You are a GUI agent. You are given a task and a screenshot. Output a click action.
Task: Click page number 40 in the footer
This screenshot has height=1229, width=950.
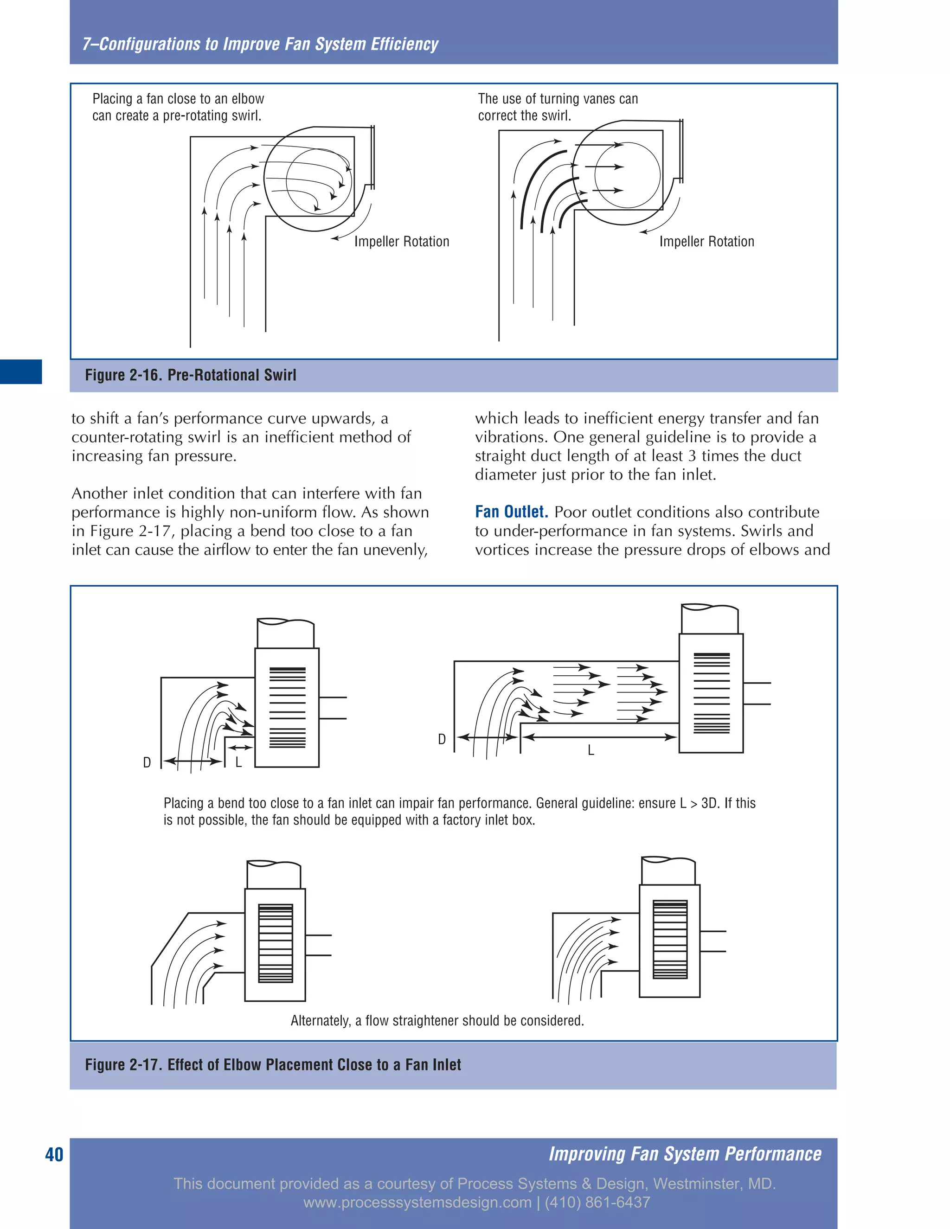[x=54, y=1154]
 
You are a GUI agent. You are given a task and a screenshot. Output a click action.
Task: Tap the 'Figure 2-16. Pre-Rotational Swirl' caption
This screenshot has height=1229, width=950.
[x=190, y=375]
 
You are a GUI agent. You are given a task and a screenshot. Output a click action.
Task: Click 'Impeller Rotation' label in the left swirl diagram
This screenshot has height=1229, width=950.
[x=401, y=242]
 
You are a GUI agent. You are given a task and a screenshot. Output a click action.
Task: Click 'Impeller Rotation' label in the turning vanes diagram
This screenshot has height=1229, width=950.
[x=706, y=242]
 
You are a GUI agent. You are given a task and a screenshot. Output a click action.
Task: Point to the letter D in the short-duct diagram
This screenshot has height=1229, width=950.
[x=147, y=762]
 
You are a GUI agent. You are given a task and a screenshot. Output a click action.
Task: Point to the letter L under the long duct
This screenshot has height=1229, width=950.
[x=591, y=750]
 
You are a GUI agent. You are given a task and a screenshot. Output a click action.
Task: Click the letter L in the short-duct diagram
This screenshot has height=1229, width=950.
[x=238, y=762]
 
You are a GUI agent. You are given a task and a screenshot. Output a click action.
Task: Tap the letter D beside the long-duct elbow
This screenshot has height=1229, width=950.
[x=442, y=739]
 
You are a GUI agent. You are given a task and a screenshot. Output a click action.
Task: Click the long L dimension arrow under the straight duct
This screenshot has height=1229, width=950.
[x=599, y=736]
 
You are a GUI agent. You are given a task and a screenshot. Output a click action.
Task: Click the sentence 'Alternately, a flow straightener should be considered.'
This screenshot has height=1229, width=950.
[x=436, y=1020]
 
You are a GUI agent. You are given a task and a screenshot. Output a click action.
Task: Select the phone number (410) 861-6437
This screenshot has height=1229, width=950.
[x=597, y=1203]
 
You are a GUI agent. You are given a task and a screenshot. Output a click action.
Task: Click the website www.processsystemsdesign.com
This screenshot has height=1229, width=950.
[x=417, y=1203]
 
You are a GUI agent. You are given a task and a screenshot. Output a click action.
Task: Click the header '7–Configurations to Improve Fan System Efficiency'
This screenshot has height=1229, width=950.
[x=260, y=44]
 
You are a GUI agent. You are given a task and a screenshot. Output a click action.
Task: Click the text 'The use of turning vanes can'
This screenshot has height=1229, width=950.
[x=558, y=99]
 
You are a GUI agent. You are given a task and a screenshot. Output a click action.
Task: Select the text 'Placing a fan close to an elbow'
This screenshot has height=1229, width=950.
[x=178, y=99]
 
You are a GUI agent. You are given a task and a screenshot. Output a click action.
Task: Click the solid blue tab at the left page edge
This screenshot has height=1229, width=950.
[x=21, y=371]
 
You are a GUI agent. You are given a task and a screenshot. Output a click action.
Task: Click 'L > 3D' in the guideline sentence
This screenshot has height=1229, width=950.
[x=699, y=803]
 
